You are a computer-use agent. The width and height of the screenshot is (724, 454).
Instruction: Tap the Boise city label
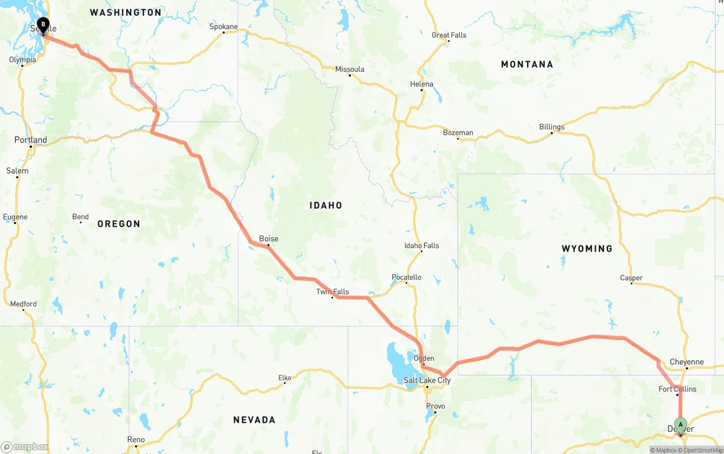pos(269,239)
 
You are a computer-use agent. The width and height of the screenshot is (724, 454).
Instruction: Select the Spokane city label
pos(223,27)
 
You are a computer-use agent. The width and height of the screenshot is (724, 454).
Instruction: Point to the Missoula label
pos(350,70)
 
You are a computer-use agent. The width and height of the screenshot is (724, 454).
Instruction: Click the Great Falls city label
pos(449,35)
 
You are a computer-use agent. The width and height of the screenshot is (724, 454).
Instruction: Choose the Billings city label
pos(551,127)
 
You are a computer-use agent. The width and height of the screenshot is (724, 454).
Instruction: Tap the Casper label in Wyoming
pos(631,278)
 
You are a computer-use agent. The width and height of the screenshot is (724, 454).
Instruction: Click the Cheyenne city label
pos(687,362)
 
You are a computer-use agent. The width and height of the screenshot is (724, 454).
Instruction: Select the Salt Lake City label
pos(427,381)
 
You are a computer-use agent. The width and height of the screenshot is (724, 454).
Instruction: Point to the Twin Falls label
pos(333,292)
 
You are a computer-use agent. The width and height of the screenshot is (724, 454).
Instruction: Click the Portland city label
pos(31,140)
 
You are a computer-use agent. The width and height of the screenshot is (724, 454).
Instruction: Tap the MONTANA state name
pos(527,64)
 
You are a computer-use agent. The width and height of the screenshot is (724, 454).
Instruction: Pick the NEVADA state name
pos(255,420)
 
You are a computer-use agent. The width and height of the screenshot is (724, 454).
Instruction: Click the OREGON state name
pos(119,224)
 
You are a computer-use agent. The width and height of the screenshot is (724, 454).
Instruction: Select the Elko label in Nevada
pos(285,378)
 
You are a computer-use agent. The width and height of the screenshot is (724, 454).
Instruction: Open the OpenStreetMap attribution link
pos(702,450)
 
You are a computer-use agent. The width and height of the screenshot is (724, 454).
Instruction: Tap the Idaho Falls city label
pos(421,245)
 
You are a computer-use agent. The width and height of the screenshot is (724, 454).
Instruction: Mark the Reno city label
pos(136,439)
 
